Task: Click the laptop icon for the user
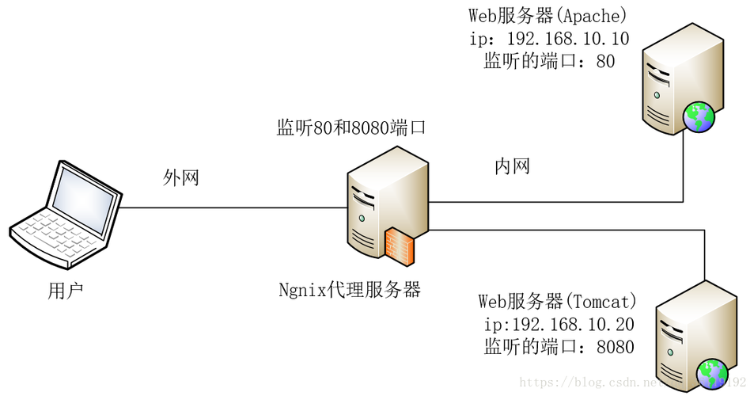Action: (x=66, y=214)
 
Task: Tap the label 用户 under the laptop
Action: (x=66, y=291)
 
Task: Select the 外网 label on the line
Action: (x=180, y=177)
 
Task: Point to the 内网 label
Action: (x=511, y=166)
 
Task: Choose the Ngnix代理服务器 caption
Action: (x=349, y=289)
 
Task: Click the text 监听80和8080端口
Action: (x=350, y=128)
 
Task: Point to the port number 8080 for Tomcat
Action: (x=616, y=347)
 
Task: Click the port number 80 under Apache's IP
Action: (x=605, y=61)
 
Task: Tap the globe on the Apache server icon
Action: (x=699, y=117)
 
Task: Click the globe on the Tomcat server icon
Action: (x=714, y=373)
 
